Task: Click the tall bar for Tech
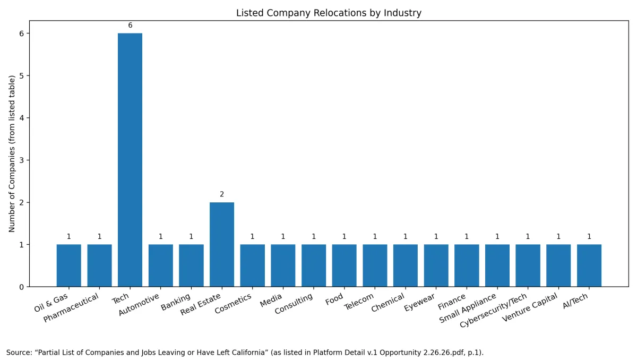[130, 159]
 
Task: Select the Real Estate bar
[222, 244]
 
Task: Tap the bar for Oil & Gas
[69, 265]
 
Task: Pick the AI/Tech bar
[589, 265]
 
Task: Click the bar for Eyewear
[436, 265]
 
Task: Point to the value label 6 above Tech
[130, 25]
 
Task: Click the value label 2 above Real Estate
[222, 194]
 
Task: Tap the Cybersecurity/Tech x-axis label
[494, 310]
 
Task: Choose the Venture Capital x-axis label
[530, 308]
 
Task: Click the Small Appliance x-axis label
[468, 308]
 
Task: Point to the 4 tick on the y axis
[22, 118]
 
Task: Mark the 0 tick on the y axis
[22, 287]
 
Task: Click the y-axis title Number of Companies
[12, 153]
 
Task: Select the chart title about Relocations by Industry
[329, 13]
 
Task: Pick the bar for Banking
[191, 265]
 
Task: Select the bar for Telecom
[375, 265]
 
